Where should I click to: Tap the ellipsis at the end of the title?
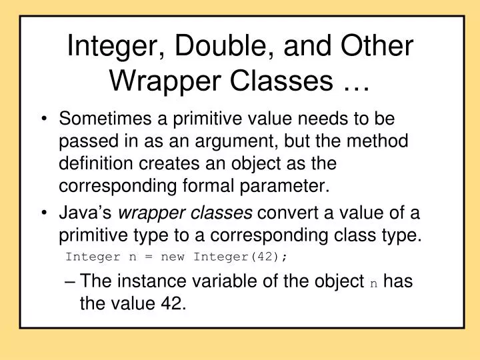coord(353,81)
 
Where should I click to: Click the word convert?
coord(287,213)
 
